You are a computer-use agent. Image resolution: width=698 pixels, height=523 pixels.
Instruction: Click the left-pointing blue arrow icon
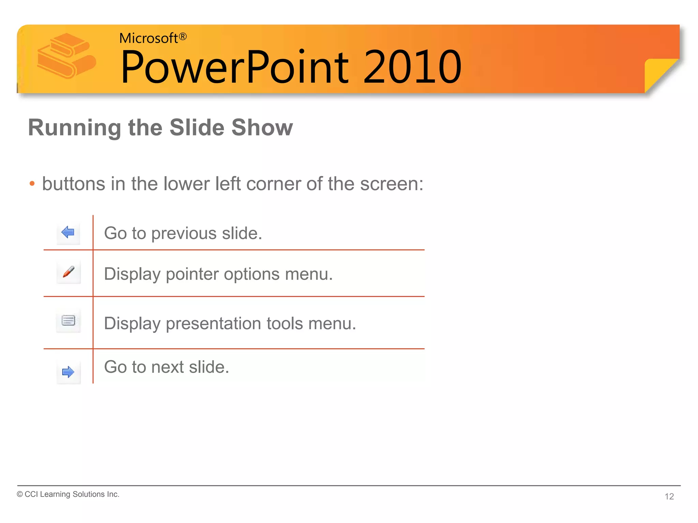click(x=68, y=232)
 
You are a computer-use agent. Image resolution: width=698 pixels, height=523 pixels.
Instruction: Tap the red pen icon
click(x=69, y=272)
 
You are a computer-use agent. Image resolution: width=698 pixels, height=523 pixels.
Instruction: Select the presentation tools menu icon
click(x=68, y=320)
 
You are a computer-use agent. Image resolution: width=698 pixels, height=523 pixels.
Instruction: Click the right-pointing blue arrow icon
click(x=68, y=372)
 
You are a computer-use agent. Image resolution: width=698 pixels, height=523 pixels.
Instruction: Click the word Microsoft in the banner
click(x=148, y=38)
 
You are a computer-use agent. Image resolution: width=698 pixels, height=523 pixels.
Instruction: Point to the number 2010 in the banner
click(x=412, y=67)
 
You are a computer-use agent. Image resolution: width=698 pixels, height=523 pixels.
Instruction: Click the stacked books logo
click(x=66, y=56)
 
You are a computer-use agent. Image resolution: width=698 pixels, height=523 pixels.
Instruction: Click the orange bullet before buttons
click(x=32, y=184)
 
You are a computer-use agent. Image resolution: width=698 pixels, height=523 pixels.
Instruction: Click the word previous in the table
click(x=184, y=234)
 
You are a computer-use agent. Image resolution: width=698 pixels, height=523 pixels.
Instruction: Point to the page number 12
click(x=669, y=496)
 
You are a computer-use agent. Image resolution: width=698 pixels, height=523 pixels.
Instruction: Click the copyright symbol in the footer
click(x=20, y=494)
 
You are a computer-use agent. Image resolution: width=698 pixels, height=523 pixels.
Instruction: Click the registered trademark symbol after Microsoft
click(x=183, y=36)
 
